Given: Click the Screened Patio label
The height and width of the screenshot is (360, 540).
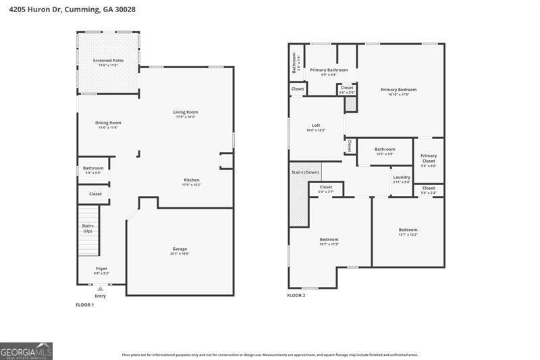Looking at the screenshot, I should [108, 60].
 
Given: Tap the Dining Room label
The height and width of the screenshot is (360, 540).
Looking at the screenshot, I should [108, 123].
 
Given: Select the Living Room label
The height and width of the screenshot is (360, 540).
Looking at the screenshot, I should [186, 112].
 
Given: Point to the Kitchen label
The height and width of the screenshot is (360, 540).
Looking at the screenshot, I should [192, 180].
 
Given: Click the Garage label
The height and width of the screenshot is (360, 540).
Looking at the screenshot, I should [180, 249].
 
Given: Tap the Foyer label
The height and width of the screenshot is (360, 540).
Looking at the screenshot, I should [101, 269].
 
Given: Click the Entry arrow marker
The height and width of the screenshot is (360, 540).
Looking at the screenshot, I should [101, 288].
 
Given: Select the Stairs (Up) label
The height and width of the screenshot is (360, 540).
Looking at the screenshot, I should [88, 228].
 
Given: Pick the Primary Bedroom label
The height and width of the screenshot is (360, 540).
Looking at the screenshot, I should [398, 90].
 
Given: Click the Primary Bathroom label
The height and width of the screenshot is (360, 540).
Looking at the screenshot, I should [329, 70].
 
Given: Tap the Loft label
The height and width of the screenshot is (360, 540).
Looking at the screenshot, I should [316, 125].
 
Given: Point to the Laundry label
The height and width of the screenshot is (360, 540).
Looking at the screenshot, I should [402, 178].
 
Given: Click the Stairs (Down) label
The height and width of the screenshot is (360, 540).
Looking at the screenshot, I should [305, 172].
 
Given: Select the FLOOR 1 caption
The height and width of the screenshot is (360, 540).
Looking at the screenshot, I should [84, 305].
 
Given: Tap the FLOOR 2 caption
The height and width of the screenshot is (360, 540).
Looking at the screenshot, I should [296, 295].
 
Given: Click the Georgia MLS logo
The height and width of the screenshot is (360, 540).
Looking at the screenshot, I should [26, 351].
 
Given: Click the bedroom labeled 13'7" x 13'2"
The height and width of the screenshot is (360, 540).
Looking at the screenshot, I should [408, 230].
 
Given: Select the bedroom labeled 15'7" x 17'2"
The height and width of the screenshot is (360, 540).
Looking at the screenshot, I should [329, 240].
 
